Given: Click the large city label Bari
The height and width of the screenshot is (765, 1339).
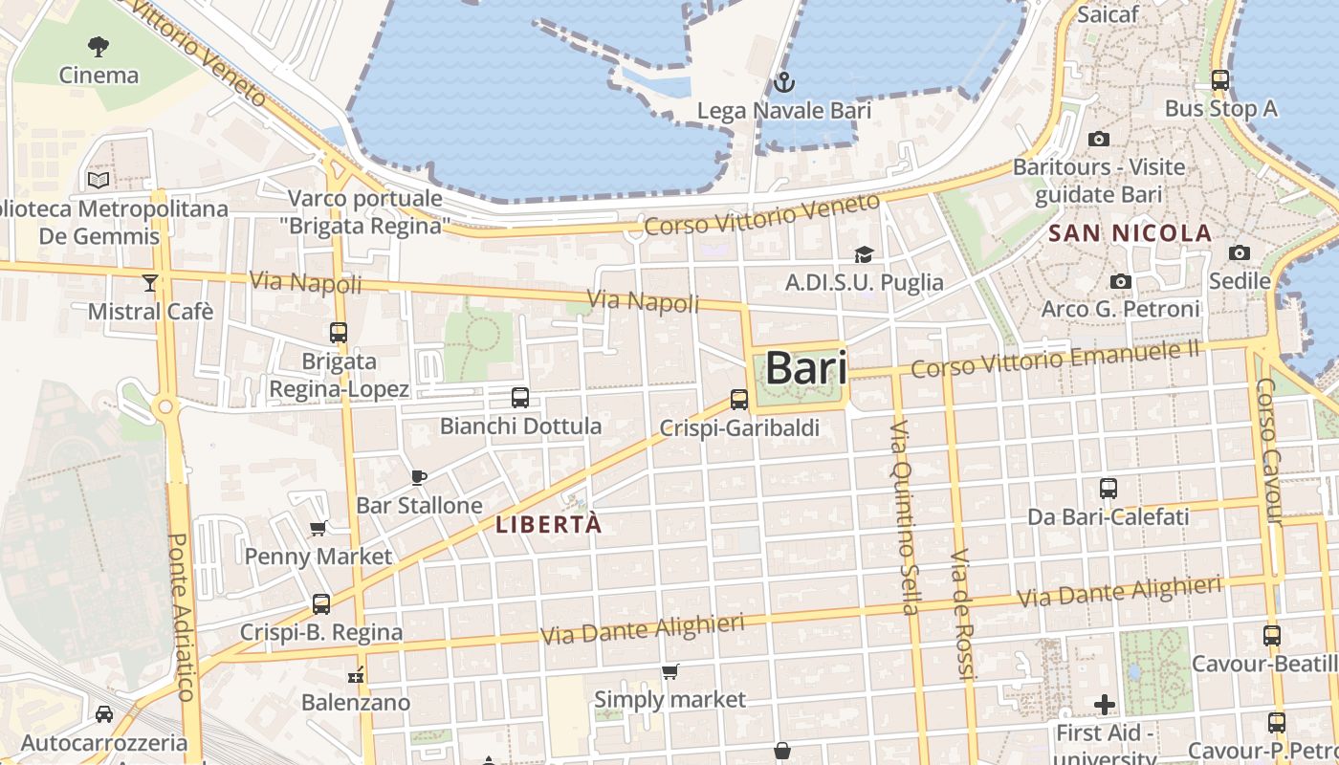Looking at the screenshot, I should [806, 369].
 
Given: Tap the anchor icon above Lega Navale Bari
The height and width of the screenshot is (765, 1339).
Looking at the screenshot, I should [784, 82].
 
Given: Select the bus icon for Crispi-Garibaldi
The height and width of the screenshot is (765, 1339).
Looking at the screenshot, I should [739, 400].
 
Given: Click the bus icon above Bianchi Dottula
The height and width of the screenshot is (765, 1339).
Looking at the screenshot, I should [520, 397].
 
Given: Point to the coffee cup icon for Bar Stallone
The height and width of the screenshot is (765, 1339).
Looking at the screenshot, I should [418, 476].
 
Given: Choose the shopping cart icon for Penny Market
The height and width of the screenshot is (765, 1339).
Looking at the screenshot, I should [318, 528].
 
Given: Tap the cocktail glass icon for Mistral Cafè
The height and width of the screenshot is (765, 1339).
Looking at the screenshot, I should [150, 282].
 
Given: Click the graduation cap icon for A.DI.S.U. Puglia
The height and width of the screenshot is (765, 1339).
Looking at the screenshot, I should [864, 254].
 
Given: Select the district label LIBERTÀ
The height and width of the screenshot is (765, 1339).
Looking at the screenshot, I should [549, 524].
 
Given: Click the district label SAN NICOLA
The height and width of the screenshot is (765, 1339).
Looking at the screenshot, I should [1130, 233].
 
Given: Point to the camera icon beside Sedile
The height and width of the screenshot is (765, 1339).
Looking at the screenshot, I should [1240, 253].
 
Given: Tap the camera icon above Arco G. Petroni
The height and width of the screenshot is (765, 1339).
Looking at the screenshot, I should [1120, 281].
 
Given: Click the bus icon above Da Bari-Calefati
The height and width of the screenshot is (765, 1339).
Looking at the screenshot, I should [1109, 489].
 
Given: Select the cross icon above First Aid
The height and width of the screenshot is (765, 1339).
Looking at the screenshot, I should [1105, 706].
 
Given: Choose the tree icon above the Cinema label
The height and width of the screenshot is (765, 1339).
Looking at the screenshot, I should [99, 46].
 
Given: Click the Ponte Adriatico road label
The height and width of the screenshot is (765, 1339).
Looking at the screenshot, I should [181, 617].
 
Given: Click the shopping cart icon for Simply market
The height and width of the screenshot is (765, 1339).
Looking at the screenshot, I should [670, 672].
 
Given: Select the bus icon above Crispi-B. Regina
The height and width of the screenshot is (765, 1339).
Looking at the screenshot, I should [321, 604].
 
